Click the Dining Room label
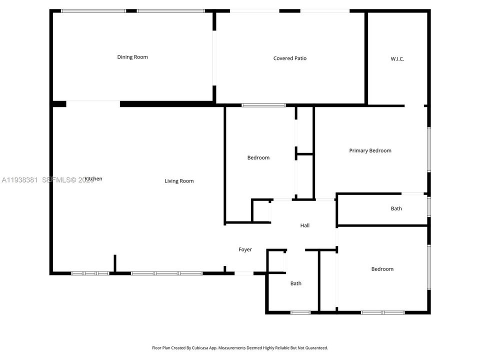tap(132, 57)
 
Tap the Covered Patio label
tap(290, 58)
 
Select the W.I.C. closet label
tap(397, 59)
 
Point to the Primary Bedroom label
tap(370, 150)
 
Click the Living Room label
tap(179, 181)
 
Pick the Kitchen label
tap(93, 178)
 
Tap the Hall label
tap(304, 225)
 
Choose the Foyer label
tap(245, 249)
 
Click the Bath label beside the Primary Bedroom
tap(396, 208)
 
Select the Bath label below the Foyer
tap(296, 283)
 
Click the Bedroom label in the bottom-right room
tap(382, 269)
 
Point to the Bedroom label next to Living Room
tap(258, 157)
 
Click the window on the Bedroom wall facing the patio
tap(263, 105)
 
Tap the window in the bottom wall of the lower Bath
tap(300, 312)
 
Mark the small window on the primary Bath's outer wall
tap(428, 206)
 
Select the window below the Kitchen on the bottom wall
tap(90, 273)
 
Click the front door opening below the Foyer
tap(244, 273)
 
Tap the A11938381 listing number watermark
tap(20, 179)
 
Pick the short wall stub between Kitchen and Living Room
tap(114, 264)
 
